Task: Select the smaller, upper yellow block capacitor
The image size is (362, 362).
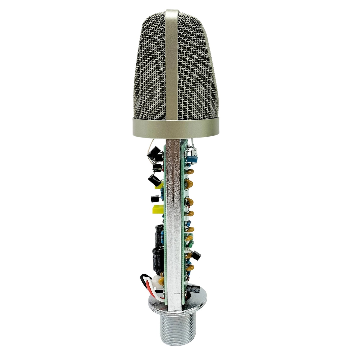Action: click(159, 186)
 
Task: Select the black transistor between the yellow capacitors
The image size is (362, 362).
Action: click(154, 199)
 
